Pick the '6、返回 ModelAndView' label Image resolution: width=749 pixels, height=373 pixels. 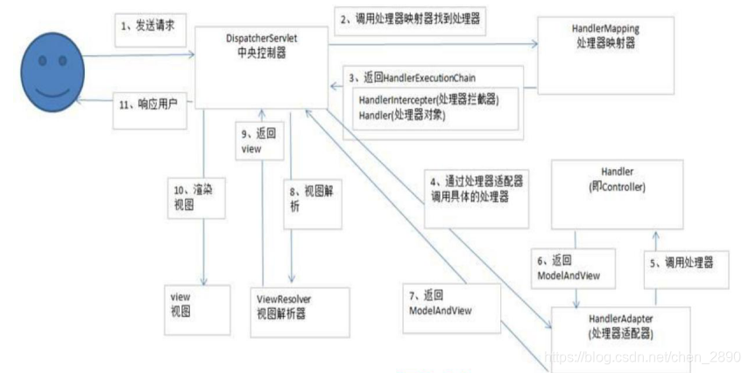(567, 268)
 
